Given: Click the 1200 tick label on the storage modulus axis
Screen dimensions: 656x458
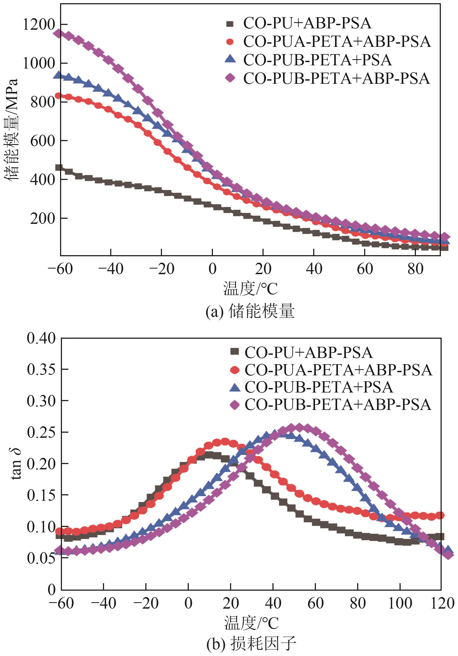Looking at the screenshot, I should (x=39, y=25).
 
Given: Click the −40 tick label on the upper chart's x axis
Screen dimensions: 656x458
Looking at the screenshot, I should (x=111, y=269).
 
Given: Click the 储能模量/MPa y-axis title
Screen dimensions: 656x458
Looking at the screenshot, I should (x=12, y=129).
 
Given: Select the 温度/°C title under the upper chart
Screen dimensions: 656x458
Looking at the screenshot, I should (x=250, y=289).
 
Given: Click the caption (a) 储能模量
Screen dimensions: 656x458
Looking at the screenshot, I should (x=250, y=311).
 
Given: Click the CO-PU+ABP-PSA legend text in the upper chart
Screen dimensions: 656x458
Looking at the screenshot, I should (x=307, y=23).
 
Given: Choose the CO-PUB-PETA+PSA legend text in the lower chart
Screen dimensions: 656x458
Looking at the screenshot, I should (x=319, y=387).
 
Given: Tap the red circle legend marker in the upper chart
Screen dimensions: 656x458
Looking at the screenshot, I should (x=230, y=42).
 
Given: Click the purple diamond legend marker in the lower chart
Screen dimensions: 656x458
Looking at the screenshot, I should (x=235, y=405).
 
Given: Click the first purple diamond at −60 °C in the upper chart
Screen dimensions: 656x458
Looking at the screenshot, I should (x=59, y=33).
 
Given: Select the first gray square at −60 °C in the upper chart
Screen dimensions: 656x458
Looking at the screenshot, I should (x=59, y=167).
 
